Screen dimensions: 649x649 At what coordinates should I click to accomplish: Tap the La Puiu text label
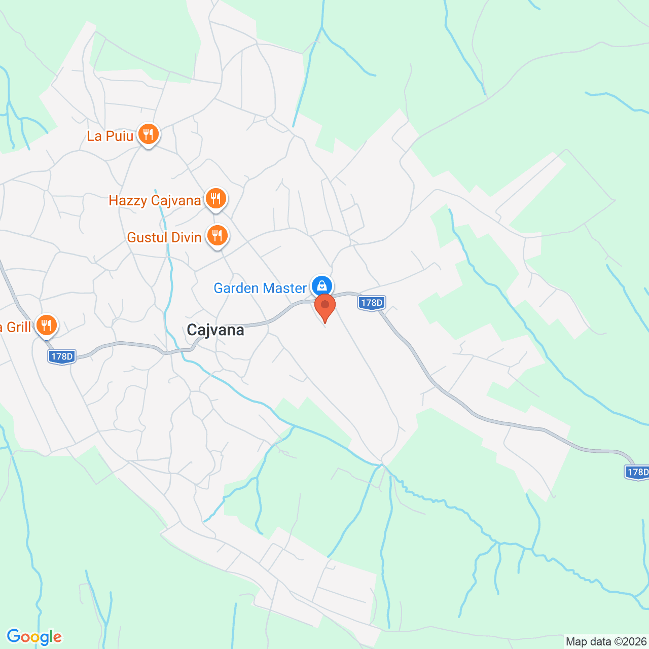(110, 136)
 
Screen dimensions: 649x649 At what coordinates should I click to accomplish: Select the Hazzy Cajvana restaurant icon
(216, 199)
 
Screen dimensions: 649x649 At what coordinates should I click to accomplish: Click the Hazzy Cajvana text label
(155, 201)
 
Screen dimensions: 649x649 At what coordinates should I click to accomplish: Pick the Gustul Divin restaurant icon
(217, 236)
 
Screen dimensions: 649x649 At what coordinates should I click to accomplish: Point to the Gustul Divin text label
(164, 237)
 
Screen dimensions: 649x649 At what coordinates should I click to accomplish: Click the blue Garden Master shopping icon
(321, 286)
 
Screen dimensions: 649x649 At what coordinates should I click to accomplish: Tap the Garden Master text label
(260, 288)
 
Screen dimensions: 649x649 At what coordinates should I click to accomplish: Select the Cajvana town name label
(215, 330)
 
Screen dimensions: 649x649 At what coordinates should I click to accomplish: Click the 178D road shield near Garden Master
(371, 303)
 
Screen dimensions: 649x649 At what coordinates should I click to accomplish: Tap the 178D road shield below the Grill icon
(62, 356)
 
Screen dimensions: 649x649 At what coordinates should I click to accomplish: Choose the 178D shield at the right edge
(637, 472)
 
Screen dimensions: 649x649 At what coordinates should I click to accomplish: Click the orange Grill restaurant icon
(46, 325)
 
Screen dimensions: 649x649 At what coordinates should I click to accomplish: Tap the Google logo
(34, 637)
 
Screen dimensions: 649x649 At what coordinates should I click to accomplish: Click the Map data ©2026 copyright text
(606, 641)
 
